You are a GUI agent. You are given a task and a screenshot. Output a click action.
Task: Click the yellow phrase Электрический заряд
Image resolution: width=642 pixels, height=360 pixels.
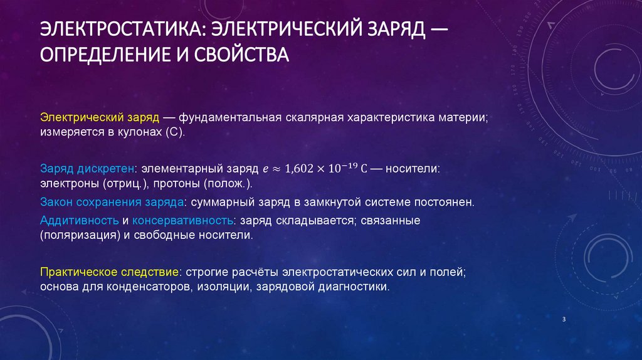[98, 118]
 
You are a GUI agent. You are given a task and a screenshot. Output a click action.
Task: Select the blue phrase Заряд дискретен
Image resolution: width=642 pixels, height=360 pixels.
[89, 169]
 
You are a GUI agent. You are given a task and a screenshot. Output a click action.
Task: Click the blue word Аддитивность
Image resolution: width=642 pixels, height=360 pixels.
[80, 221]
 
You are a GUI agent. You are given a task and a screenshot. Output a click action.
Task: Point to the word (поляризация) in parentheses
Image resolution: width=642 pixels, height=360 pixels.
[80, 236]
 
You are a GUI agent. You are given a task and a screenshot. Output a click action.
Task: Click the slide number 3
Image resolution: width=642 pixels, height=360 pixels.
[564, 320]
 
